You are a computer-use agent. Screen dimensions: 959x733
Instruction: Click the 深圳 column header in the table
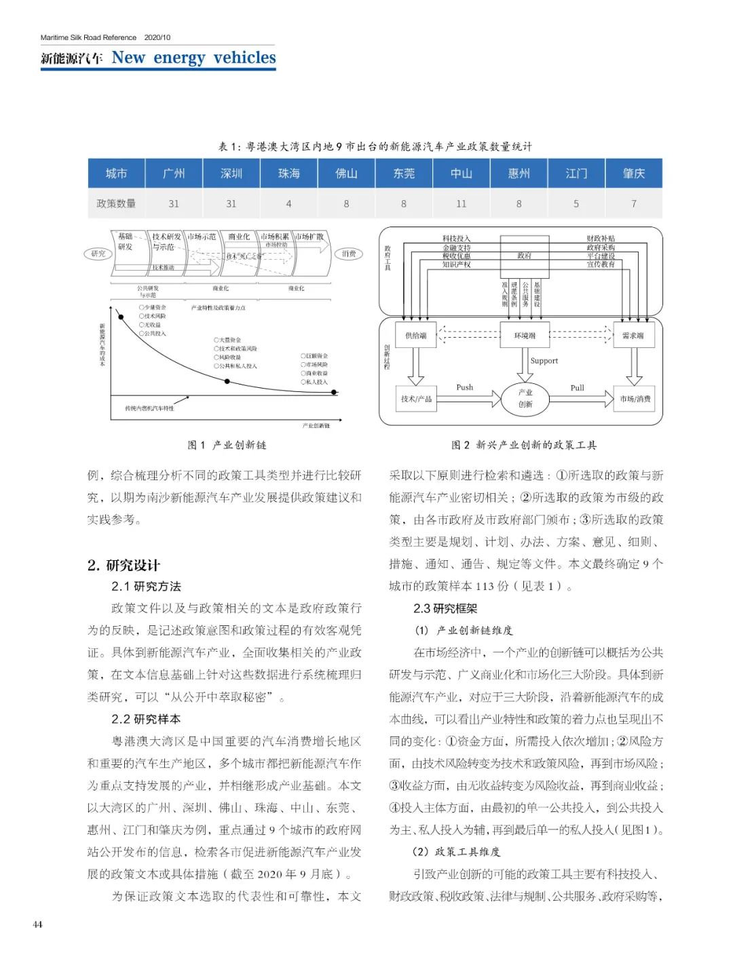point(231,174)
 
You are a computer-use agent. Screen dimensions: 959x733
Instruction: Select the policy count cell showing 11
point(462,203)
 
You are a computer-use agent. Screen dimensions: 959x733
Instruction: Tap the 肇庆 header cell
point(633,174)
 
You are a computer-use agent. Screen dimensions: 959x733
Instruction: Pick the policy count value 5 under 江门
point(576,203)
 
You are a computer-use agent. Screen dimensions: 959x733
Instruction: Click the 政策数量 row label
point(116,203)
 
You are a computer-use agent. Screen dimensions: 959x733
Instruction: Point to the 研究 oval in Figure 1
point(98,254)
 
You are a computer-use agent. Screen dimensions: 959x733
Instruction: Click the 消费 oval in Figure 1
point(350,254)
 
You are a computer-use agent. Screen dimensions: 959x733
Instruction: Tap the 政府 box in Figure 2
point(525,256)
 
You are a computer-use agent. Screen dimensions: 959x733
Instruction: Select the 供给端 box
point(416,335)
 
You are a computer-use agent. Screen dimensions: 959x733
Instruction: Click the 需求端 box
point(633,335)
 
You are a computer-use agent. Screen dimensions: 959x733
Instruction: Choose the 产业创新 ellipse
point(525,399)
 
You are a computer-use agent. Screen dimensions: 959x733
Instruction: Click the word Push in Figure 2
point(465,387)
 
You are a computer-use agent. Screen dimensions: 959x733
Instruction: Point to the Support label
point(544,361)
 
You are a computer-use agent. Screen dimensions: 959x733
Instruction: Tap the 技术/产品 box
point(416,399)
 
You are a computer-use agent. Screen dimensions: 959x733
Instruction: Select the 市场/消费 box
point(635,399)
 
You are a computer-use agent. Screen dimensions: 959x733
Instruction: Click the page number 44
point(37,924)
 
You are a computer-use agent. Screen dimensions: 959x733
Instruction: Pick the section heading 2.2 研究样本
point(146,719)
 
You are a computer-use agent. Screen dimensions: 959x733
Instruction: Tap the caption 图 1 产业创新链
point(227,445)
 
